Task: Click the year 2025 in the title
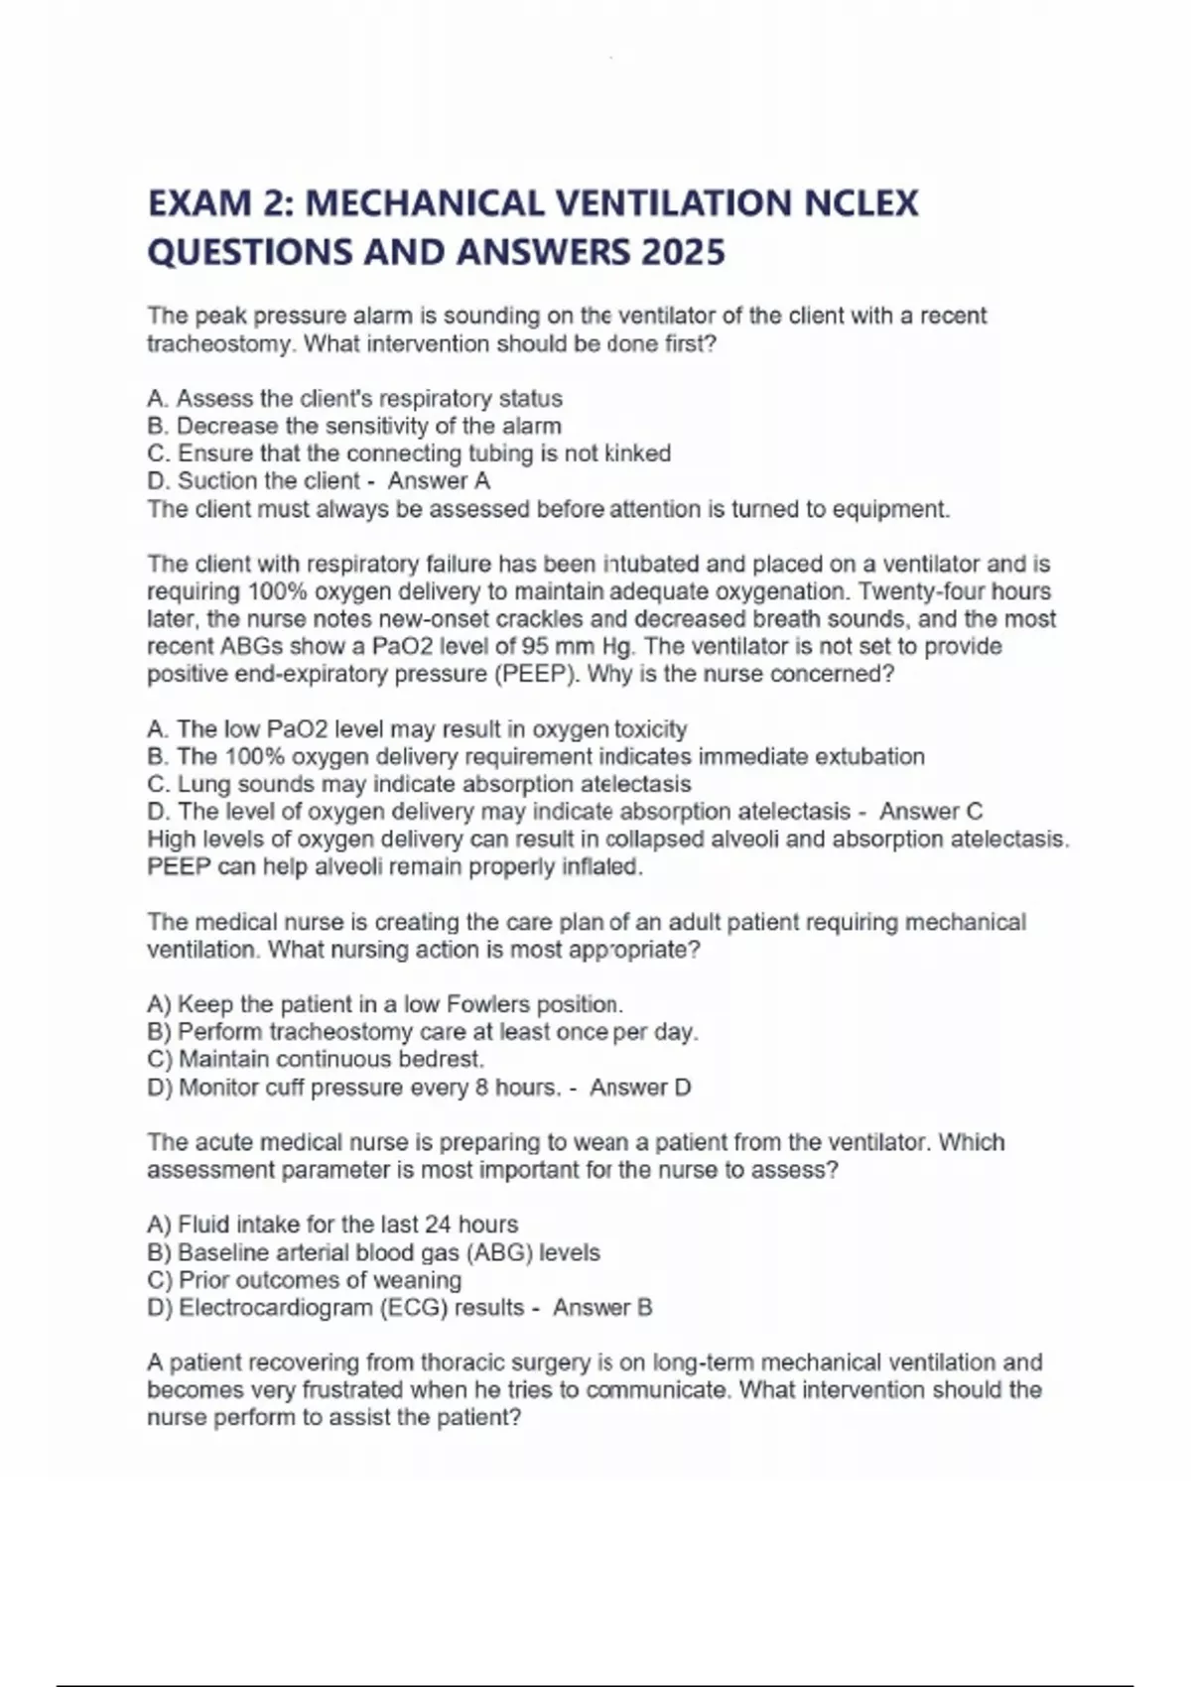(x=683, y=252)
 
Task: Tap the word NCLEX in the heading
(x=860, y=203)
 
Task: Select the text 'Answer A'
(x=439, y=481)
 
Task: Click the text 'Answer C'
(x=930, y=812)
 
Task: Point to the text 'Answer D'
(x=639, y=1088)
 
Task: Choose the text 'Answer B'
(x=602, y=1308)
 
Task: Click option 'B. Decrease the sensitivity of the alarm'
(x=354, y=427)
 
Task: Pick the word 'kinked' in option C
(x=637, y=454)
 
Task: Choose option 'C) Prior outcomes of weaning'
(x=305, y=1280)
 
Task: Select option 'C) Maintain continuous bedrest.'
(x=316, y=1060)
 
